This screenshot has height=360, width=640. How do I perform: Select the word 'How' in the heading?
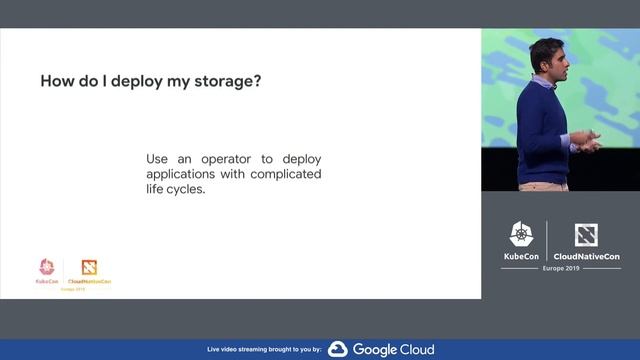coord(57,80)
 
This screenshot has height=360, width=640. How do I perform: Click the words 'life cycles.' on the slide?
coord(175,189)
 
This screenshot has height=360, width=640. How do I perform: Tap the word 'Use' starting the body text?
coord(157,159)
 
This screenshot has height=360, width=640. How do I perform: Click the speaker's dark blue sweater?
coord(542,130)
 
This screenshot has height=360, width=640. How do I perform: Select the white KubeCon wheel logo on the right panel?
coord(522,235)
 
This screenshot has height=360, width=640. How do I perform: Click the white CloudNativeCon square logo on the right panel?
coord(586,235)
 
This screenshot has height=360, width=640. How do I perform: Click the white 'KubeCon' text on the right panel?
coord(522,256)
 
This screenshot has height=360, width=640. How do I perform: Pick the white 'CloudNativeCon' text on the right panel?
coord(586,256)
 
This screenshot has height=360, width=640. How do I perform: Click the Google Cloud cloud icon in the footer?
coord(337,349)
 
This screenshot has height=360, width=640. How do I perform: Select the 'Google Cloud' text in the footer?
coord(392,349)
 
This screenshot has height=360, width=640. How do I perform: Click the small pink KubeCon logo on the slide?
coord(46,267)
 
